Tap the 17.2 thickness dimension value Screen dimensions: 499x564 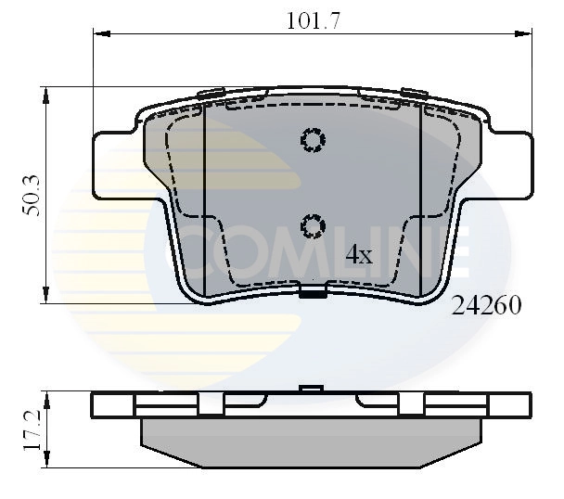pos(31,431)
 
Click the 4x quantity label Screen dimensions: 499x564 pos(358,254)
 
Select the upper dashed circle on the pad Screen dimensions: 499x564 pos(313,140)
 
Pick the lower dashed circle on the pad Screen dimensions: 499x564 pos(313,224)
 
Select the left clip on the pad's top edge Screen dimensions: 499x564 pos(211,92)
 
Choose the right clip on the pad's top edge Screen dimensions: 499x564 pos(414,92)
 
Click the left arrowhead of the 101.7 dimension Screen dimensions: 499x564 pos(98,35)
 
